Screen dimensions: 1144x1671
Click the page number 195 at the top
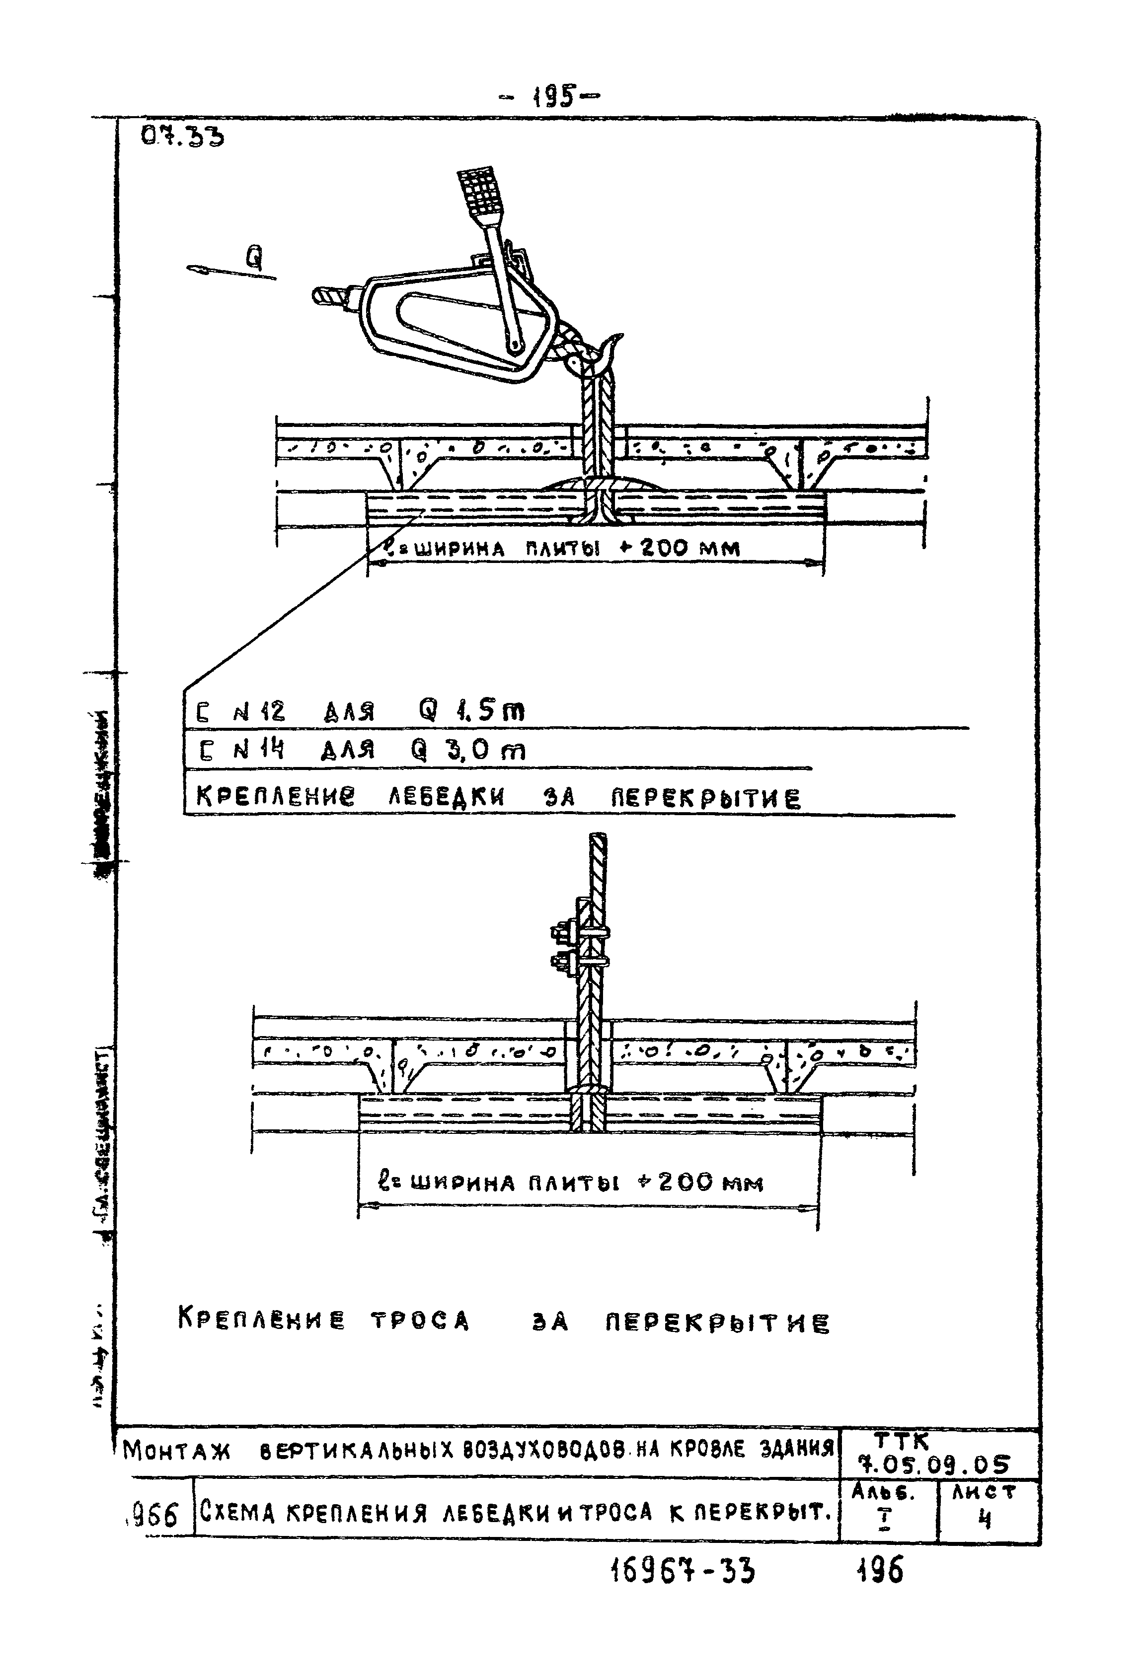555,96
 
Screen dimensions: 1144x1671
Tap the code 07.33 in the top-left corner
182,137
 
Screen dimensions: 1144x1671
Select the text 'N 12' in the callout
259,712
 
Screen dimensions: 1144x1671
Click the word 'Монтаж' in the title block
176,1451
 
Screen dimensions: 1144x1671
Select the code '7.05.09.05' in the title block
938,1464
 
